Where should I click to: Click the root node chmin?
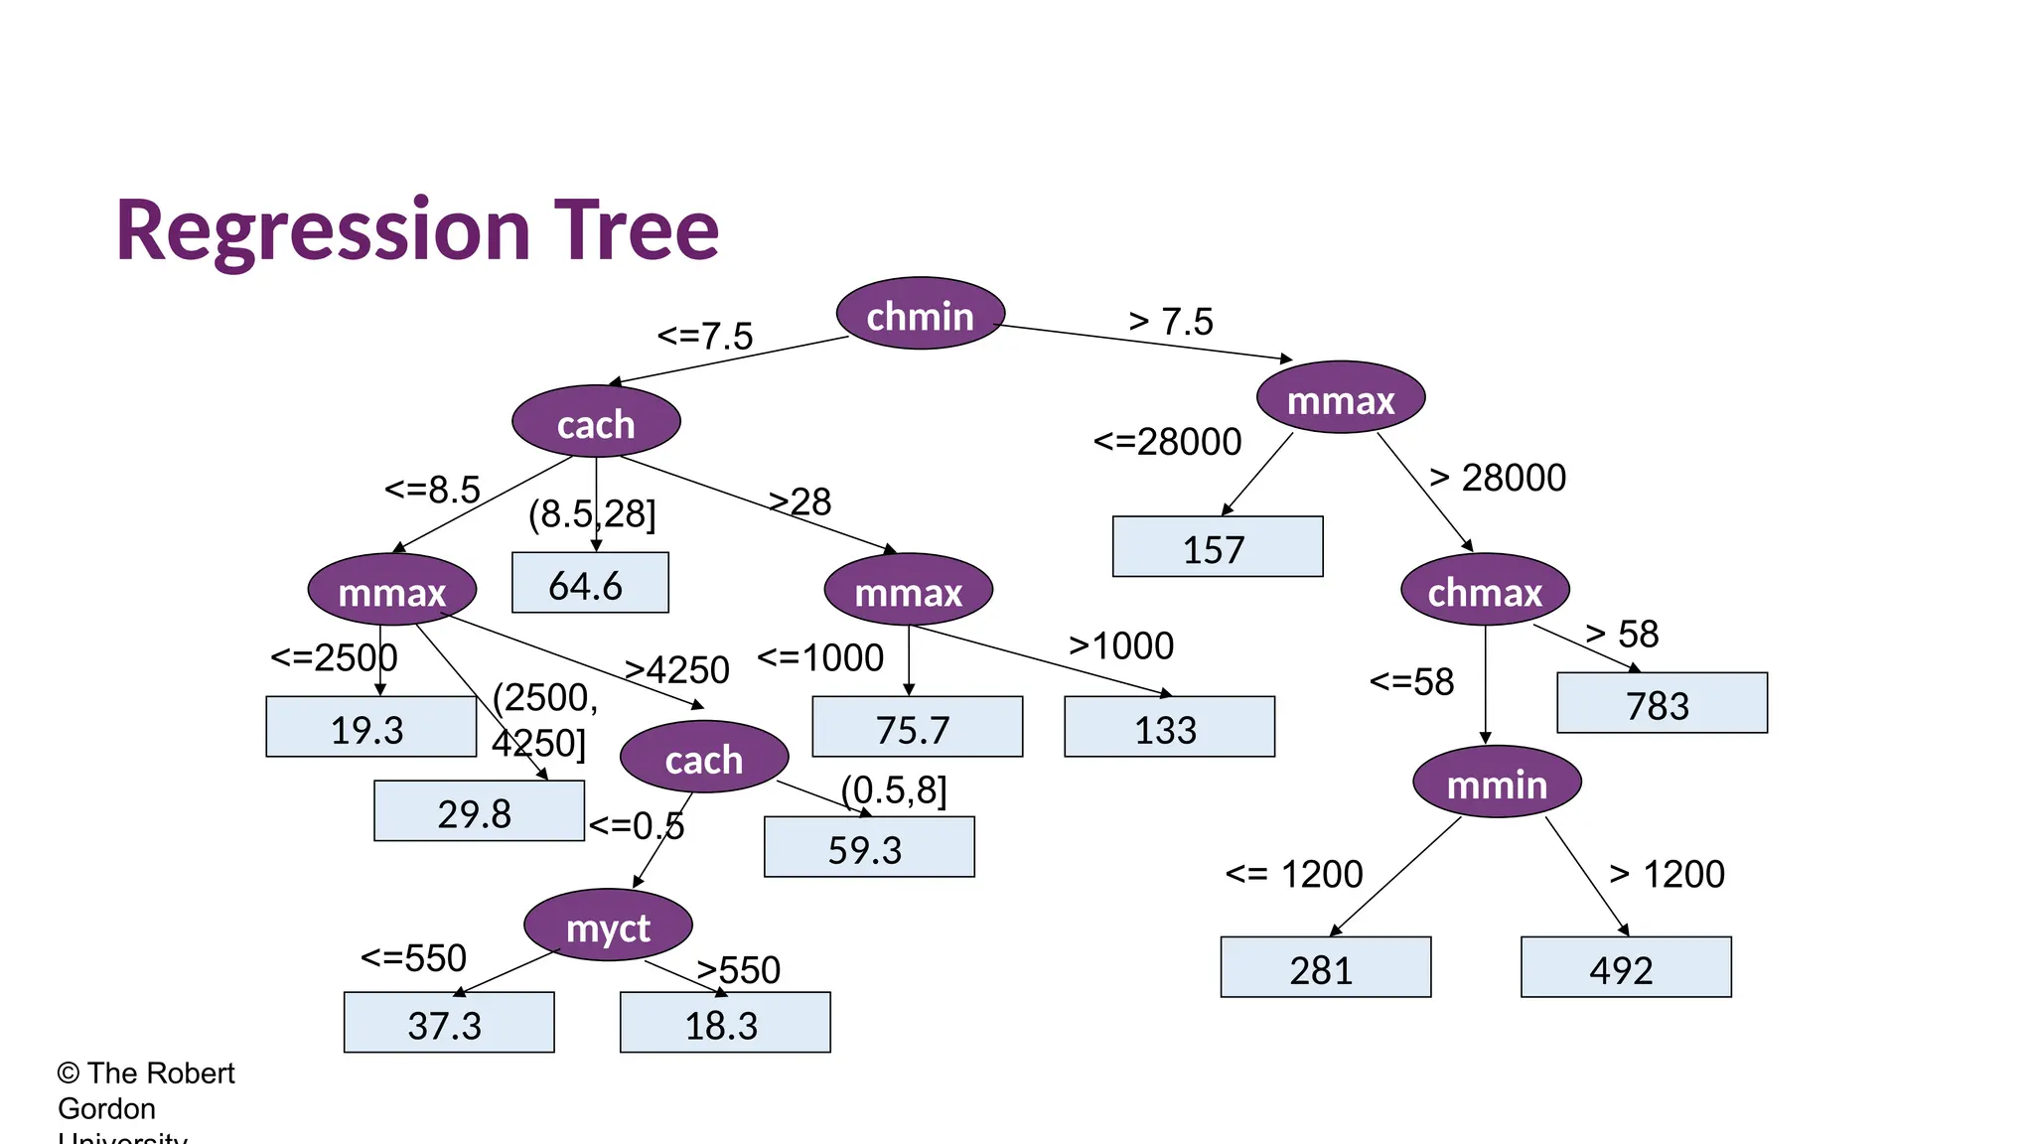tap(921, 314)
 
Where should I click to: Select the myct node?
tap(608, 926)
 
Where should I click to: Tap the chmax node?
tap(1485, 590)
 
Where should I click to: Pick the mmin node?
tap(1497, 783)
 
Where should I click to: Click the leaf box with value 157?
tap(1218, 547)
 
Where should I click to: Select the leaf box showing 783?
tap(1662, 704)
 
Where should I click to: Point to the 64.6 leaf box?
tap(590, 584)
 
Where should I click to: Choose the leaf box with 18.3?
tap(725, 1023)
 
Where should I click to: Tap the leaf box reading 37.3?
tap(449, 1023)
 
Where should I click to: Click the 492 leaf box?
tap(1626, 967)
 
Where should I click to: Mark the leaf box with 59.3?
tap(869, 848)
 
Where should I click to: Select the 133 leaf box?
tap(1169, 728)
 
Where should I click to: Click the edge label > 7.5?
tap(1171, 322)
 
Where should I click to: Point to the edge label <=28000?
tap(1167, 442)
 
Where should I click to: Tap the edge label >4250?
tap(677, 670)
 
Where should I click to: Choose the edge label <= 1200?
tap(1294, 875)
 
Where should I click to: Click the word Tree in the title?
tap(636, 230)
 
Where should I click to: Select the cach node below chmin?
tap(596, 422)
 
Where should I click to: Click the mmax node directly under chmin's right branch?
tap(1341, 398)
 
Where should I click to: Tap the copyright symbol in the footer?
tap(68, 1073)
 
